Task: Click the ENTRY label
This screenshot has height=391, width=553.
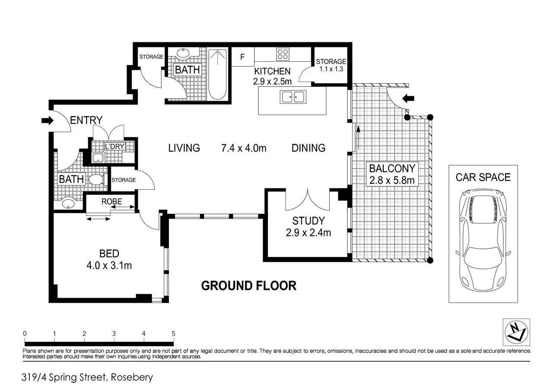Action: [x=86, y=120]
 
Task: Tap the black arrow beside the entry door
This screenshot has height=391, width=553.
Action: [x=48, y=121]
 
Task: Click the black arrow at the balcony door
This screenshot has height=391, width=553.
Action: [x=408, y=99]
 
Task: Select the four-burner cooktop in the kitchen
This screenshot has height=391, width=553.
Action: [x=283, y=54]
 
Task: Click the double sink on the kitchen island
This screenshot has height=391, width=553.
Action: [x=293, y=97]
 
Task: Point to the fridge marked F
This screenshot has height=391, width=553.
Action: [x=243, y=57]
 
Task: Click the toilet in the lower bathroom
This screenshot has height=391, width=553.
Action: [x=98, y=179]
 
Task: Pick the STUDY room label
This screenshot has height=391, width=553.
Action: [x=308, y=221]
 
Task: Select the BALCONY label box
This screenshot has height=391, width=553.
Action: [x=392, y=174]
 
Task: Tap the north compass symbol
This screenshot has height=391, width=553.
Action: [x=516, y=332]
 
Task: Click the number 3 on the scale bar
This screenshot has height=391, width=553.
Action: [x=114, y=334]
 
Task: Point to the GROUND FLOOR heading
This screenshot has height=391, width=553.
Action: [x=249, y=286]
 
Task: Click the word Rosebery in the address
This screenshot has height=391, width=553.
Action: [x=132, y=377]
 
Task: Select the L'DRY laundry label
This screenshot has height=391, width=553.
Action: [x=114, y=146]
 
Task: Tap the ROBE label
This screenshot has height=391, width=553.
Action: [x=111, y=201]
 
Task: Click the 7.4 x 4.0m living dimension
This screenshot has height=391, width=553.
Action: [x=244, y=148]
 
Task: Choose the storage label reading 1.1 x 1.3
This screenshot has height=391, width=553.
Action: [x=331, y=69]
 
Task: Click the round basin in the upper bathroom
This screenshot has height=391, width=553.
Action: [x=183, y=53]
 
